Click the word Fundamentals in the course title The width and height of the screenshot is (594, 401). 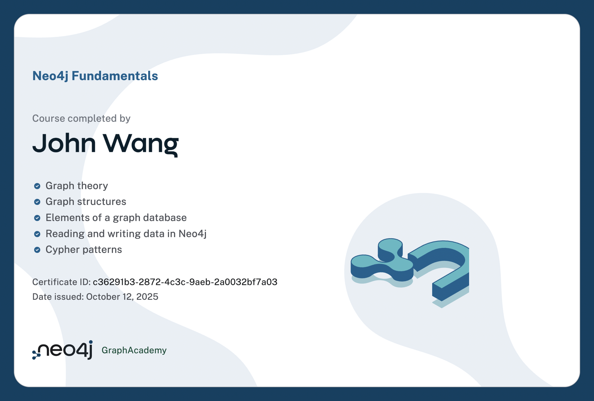point(115,76)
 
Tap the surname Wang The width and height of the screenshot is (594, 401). point(141,145)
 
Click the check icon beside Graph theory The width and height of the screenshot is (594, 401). point(37,186)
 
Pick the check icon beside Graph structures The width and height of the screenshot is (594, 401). point(37,202)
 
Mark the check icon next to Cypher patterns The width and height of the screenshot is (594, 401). point(37,250)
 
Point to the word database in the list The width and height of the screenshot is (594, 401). point(165,218)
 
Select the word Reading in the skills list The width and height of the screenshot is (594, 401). point(65,234)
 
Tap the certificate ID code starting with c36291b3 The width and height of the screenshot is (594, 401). point(185,282)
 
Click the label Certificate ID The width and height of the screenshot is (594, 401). point(61,282)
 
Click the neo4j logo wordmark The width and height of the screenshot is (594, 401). point(62,350)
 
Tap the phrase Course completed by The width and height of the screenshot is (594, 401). point(81,119)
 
